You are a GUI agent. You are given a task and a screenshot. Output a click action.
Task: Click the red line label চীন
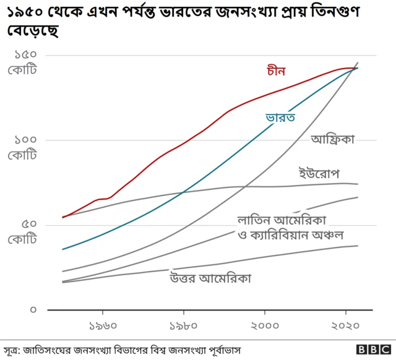tap(276, 71)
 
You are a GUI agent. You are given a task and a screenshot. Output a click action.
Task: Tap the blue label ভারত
tap(280, 116)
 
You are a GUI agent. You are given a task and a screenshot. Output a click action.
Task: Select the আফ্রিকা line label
tap(333, 140)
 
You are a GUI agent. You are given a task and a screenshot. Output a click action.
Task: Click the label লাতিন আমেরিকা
tap(282, 220)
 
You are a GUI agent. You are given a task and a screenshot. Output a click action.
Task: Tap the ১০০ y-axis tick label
tap(22, 140)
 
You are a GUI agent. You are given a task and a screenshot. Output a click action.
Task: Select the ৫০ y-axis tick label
tap(23, 225)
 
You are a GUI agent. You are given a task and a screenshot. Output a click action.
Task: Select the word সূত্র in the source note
tap(11, 349)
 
